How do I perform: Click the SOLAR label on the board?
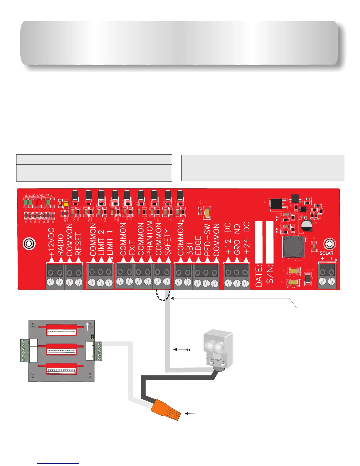[x=326, y=253]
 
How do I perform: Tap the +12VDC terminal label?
[x=52, y=241]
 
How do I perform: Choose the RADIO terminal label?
[x=61, y=245]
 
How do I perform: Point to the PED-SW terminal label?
[x=207, y=240]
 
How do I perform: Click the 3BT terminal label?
[x=190, y=249]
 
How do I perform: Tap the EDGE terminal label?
[x=198, y=246]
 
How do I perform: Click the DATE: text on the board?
[x=259, y=275]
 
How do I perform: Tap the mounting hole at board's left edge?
[x=29, y=244]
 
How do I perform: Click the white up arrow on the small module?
[x=87, y=325]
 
